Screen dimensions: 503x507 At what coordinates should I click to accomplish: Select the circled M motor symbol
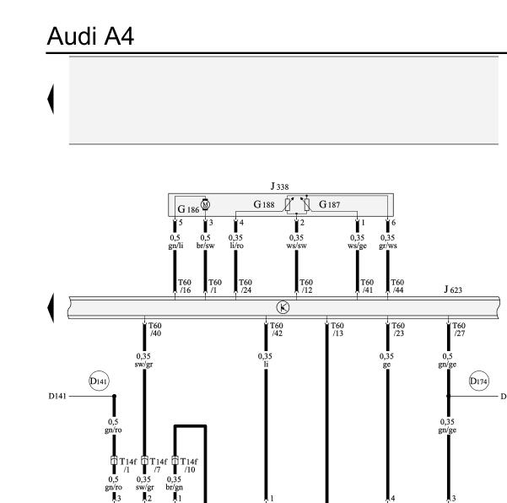point(205,203)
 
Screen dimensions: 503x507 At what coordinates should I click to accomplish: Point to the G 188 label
point(267,204)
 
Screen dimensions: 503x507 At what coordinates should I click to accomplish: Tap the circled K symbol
point(283,307)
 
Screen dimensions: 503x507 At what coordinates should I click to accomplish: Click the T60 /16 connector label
point(185,286)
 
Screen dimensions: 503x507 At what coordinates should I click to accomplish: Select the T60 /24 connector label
point(245,286)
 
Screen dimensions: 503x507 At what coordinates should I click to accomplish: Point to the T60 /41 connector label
point(367,286)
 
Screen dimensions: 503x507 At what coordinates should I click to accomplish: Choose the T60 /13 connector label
point(337,329)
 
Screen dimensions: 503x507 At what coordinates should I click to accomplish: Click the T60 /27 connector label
point(459,329)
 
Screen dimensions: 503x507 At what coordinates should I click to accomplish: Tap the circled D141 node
point(100,381)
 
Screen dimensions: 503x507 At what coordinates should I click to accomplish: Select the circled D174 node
point(477,381)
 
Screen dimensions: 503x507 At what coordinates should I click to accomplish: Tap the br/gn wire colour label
point(175,487)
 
